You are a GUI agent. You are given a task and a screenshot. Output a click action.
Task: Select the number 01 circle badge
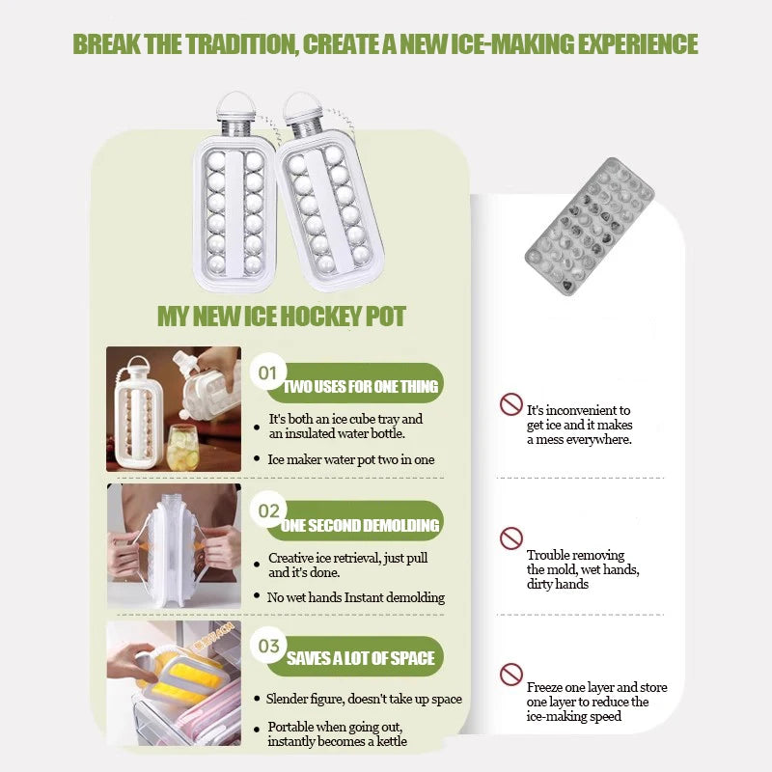click(268, 372)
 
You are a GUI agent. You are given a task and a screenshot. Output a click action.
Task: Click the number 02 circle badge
click(268, 510)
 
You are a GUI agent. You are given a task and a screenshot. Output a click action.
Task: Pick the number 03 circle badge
click(268, 646)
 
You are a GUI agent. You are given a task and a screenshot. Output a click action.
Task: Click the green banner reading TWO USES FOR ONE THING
click(355, 383)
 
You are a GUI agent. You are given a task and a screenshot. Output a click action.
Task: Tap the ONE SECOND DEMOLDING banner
click(355, 521)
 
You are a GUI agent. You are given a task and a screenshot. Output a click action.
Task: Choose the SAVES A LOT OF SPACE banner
click(355, 657)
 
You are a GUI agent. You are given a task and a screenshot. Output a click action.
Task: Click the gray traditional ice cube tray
click(590, 227)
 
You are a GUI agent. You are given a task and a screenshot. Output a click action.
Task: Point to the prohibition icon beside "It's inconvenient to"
click(511, 404)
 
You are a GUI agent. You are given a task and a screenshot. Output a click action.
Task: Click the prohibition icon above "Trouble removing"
click(511, 538)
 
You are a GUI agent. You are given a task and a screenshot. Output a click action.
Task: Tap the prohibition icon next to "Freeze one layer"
click(511, 675)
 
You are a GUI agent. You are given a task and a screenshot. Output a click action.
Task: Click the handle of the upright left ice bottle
click(236, 102)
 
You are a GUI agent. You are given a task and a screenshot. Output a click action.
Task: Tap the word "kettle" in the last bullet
click(392, 741)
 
